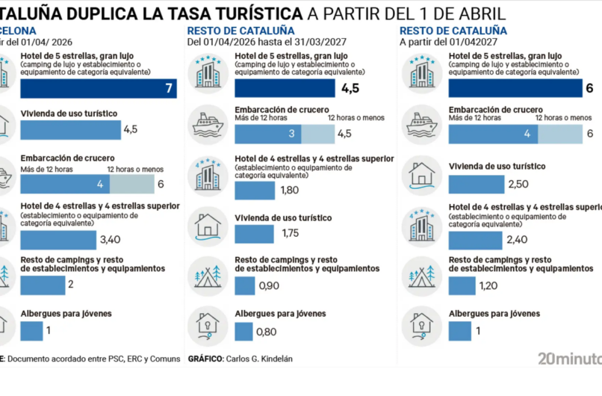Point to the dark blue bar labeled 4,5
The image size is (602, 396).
[x=285, y=88]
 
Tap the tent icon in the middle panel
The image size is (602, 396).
[x=207, y=273]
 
